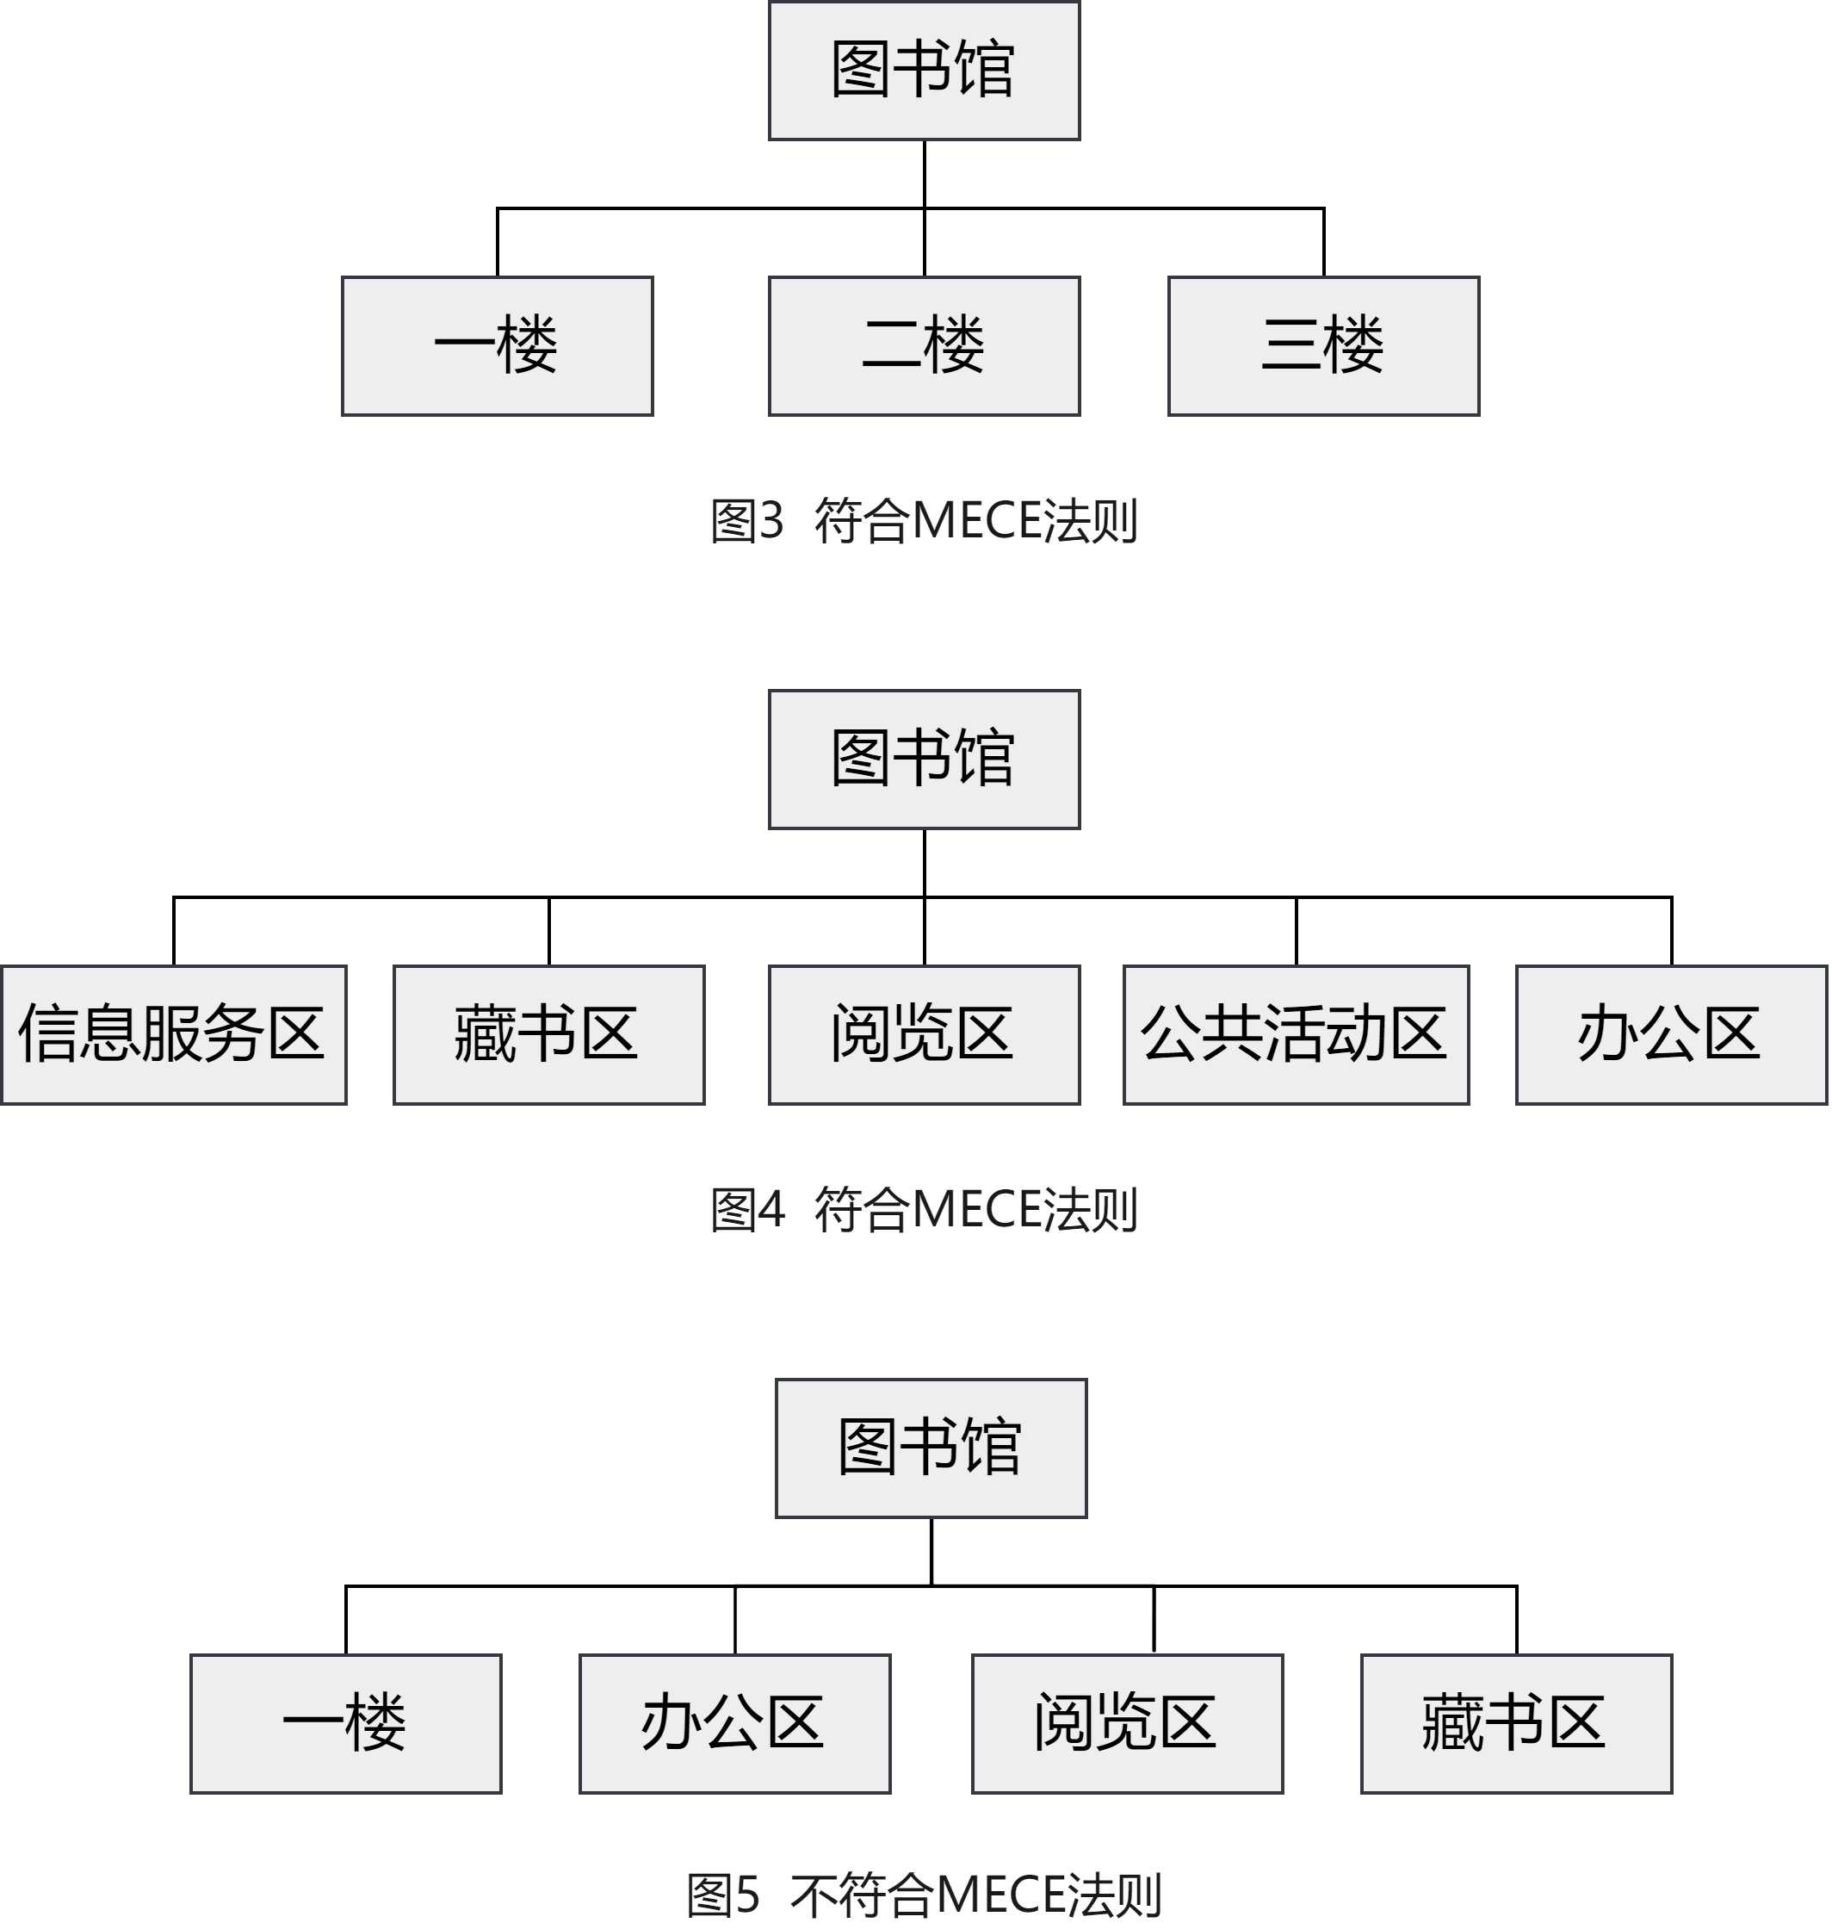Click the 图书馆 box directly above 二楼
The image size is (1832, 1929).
point(924,71)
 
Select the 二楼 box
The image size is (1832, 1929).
point(924,345)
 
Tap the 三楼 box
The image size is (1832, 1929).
point(1323,345)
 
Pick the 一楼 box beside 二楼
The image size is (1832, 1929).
point(497,345)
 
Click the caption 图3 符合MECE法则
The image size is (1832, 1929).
point(924,519)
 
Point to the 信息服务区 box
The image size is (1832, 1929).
point(174,1034)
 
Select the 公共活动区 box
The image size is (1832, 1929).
point(1296,1034)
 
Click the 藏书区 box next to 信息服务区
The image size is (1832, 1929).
point(548,1034)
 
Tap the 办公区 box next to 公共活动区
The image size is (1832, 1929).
point(1671,1034)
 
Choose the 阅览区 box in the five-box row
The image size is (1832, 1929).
point(924,1034)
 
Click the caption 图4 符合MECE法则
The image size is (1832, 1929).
point(924,1208)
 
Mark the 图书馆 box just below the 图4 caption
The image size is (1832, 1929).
point(931,1448)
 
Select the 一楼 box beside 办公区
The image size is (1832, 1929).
point(346,1723)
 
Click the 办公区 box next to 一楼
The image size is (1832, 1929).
point(734,1723)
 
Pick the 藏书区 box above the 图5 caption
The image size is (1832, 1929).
point(1517,1723)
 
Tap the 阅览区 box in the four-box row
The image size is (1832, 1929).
point(1127,1723)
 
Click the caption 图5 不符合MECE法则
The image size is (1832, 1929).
point(924,1895)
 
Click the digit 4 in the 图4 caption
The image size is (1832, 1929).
point(771,1209)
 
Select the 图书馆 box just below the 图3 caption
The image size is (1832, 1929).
point(924,759)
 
